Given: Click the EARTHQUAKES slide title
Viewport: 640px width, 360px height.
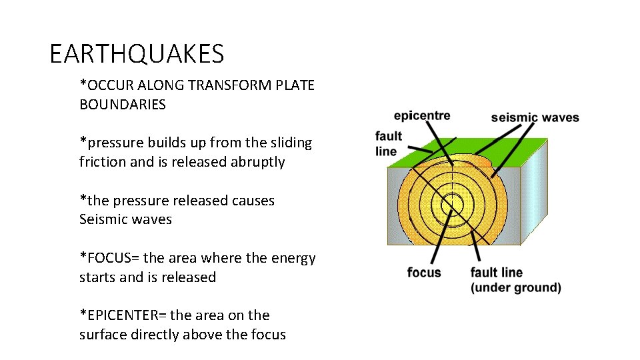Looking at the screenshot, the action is click(137, 53).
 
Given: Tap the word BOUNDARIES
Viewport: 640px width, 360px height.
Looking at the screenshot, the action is click(123, 105).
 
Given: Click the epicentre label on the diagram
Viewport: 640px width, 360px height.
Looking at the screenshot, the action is click(422, 115).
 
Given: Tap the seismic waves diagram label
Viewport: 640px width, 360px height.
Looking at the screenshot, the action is click(535, 118).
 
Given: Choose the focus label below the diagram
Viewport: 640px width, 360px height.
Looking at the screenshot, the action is click(424, 272).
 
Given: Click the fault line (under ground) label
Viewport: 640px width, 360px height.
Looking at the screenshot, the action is click(515, 280).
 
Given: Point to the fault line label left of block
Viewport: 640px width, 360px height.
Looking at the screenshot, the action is click(388, 143).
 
